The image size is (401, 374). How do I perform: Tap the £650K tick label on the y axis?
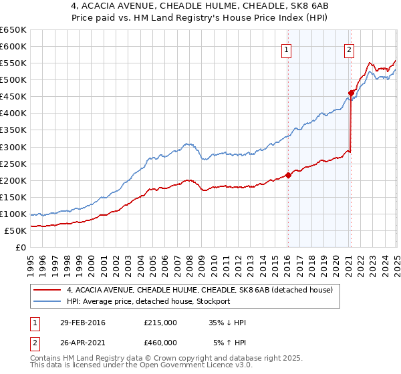pyautogui.click(x=13, y=30)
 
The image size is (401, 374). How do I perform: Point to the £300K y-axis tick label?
pyautogui.click(x=13, y=147)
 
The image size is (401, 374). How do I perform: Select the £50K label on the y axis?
pyautogui.click(x=15, y=230)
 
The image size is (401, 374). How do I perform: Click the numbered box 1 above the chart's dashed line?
pyautogui.click(x=286, y=49)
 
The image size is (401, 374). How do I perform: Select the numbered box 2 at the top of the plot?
pyautogui.click(x=349, y=49)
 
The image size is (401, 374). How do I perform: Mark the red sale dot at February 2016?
pyautogui.click(x=288, y=175)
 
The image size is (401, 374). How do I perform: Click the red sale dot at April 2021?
pyautogui.click(x=351, y=93)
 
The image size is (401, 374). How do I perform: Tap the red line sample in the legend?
pyautogui.click(x=47, y=290)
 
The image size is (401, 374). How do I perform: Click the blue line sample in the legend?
pyautogui.click(x=47, y=301)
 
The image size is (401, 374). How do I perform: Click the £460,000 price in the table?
pyautogui.click(x=160, y=343)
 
